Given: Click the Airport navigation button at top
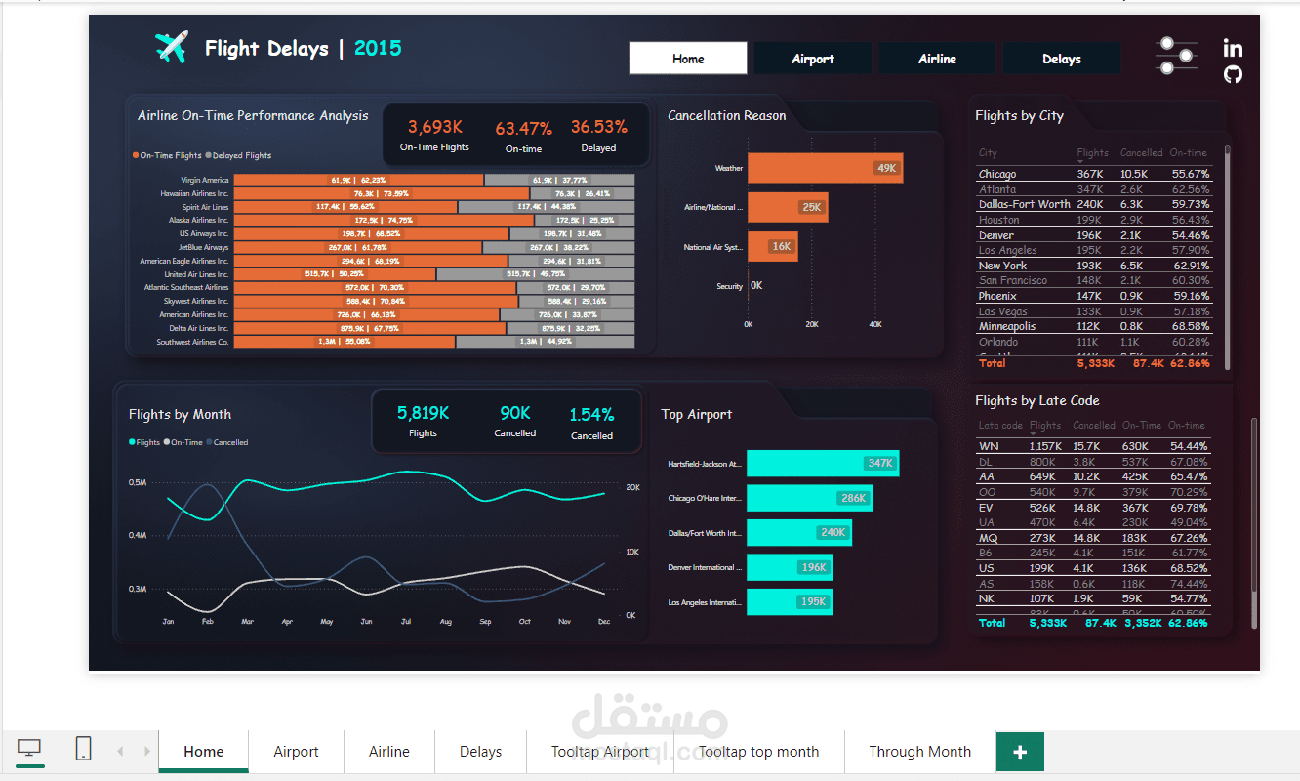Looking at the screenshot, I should pos(812,59).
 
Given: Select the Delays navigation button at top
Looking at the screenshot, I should pos(1061,59).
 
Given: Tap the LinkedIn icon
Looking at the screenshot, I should pos(1233,48).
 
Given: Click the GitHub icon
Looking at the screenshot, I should pos(1233,74).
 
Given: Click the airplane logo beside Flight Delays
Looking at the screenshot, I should pos(171,47).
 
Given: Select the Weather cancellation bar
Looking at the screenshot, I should pos(825,168).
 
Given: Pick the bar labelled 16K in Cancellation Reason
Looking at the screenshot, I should pos(773,246).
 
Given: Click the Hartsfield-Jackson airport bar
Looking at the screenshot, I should pos(823,463).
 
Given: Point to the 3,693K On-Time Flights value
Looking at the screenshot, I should pos(434,127).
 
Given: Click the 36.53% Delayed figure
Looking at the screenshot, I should pos(598,127).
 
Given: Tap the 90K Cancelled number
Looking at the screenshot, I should pos(514,413).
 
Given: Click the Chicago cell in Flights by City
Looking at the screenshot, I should pos(997,174).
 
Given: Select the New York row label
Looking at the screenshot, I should pos(1002,266).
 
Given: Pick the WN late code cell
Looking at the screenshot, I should pos(989,446).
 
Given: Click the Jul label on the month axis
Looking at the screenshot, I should pos(406,621).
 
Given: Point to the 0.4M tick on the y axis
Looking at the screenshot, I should pos(137,535).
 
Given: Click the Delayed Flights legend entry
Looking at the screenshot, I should pos(241,155).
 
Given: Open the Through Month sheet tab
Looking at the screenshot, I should pos(919,752).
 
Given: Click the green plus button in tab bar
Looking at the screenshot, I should pos(1020,752).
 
